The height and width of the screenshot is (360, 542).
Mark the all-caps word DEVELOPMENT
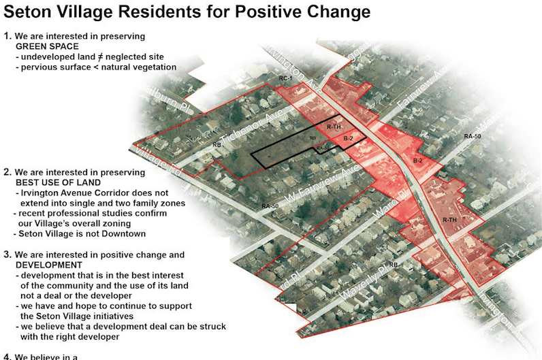[48, 265]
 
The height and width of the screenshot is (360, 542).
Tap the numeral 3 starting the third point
[7, 255]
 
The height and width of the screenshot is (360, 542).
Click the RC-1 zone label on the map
[286, 80]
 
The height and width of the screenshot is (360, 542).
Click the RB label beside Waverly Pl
[393, 265]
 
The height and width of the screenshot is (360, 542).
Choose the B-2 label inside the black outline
[347, 138]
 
